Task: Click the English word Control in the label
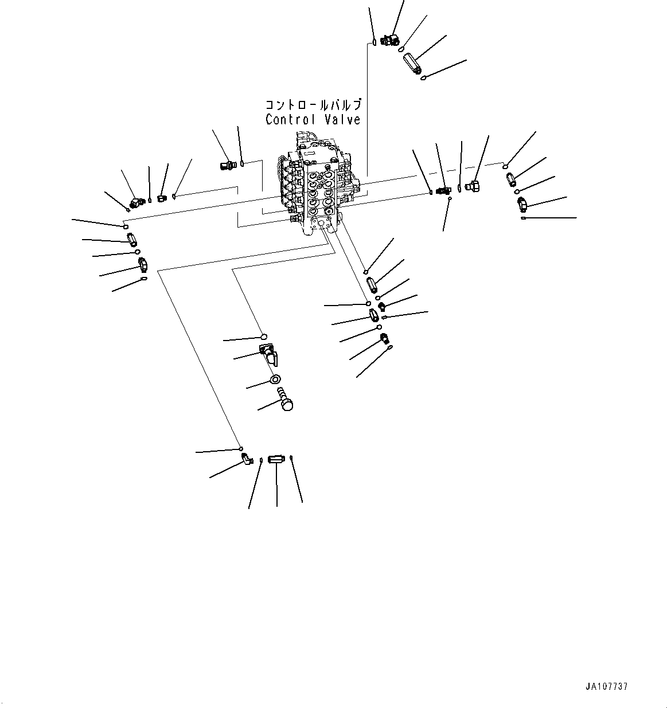tap(290, 119)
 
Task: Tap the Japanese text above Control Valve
tap(313, 105)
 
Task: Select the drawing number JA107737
tap(607, 686)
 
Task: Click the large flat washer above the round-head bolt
tap(275, 380)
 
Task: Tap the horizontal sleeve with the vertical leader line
tap(276, 459)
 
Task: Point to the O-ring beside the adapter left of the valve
tap(243, 164)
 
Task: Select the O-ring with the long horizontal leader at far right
tap(523, 218)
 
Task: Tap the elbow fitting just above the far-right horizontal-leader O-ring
tap(522, 203)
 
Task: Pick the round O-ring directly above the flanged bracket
tap(264, 337)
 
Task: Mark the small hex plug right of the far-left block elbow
tap(161, 198)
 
